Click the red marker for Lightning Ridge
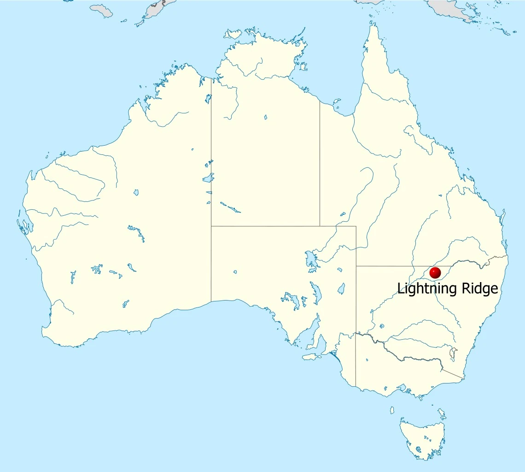[x=435, y=273]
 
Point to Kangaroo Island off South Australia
[x=312, y=357]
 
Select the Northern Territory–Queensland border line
[x=320, y=161]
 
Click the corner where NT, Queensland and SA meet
[x=320, y=226]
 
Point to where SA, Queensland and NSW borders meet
[x=356, y=266]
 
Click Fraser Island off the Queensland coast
[x=504, y=217]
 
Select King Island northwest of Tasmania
[x=392, y=410]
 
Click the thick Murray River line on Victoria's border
[x=405, y=357]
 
